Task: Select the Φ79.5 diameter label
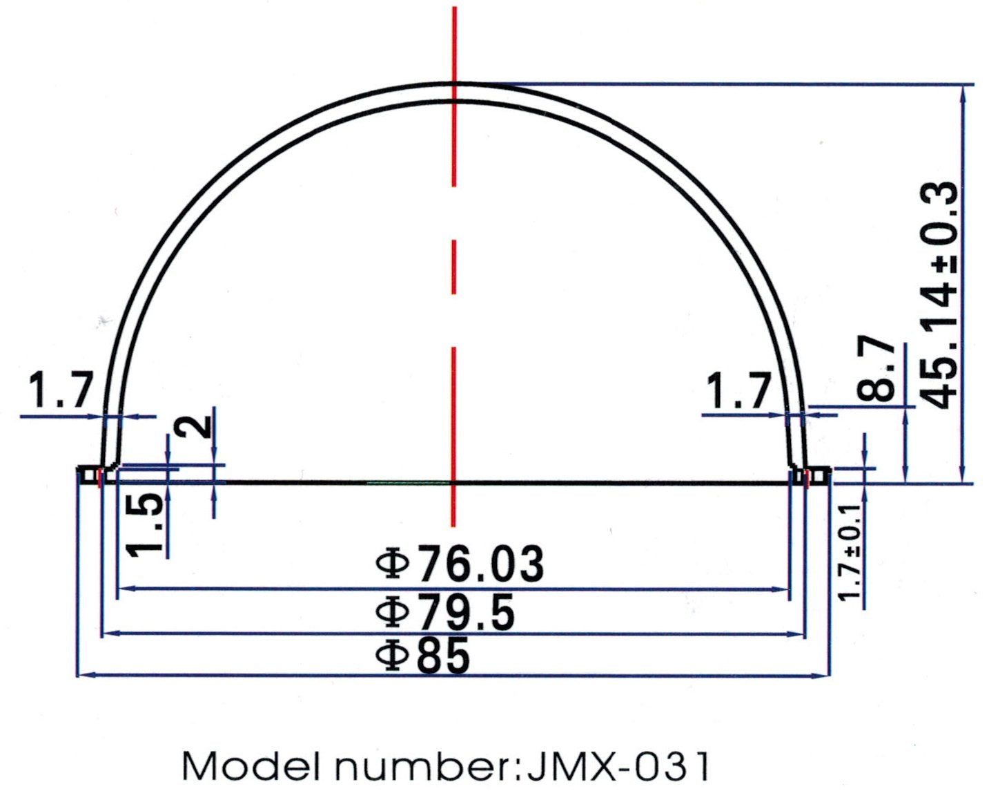(446, 611)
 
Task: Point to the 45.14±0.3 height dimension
(940, 295)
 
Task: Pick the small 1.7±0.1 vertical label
(850, 552)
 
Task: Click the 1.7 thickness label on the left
(59, 390)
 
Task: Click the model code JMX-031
(617, 765)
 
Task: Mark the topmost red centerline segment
(454, 97)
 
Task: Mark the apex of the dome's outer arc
(454, 84)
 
